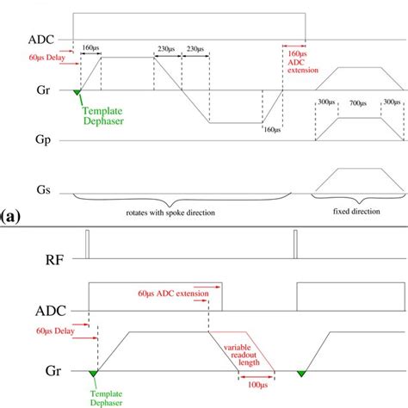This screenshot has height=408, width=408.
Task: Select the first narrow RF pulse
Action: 86,244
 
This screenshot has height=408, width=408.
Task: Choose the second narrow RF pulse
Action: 294,244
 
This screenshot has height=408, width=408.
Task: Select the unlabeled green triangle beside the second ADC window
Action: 301,373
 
